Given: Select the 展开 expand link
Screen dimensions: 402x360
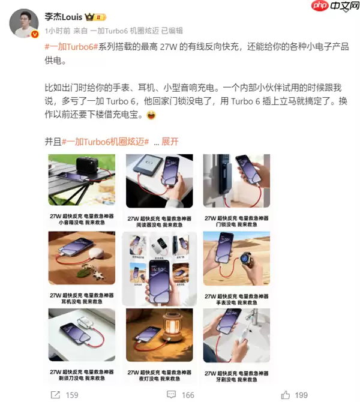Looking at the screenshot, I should [x=170, y=142].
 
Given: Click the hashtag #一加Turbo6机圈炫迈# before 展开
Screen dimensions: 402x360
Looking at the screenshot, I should [x=105, y=142].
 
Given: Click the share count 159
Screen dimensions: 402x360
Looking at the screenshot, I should [x=71, y=394].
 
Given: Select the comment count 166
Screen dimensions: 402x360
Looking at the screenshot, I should [x=188, y=394].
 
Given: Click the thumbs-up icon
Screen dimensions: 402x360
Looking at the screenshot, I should [x=286, y=394].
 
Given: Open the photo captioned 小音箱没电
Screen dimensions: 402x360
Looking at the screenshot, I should [x=82, y=180].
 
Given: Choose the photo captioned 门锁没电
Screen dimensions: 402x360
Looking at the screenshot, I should [x=236, y=180].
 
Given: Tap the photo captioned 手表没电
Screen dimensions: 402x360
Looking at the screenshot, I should [x=236, y=258].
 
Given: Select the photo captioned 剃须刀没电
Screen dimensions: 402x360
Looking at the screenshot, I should [x=82, y=334].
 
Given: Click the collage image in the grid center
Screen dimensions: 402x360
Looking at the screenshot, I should [x=160, y=268].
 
